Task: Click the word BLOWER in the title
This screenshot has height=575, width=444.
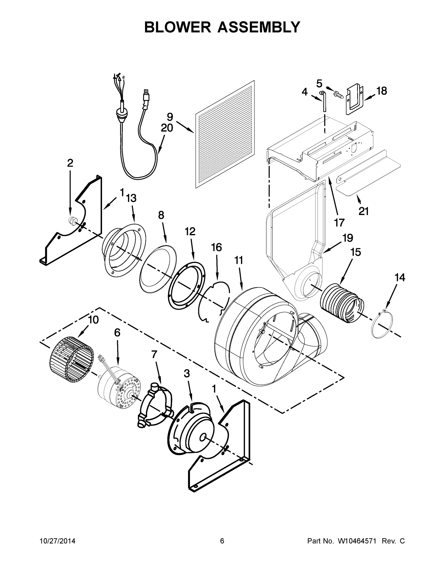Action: coord(178,27)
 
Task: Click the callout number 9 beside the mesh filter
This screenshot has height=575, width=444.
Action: coord(170,117)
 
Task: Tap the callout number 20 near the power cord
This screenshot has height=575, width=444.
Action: coord(167,128)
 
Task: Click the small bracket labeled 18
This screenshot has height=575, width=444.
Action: coord(354,99)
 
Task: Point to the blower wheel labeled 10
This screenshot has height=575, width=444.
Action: coord(71,360)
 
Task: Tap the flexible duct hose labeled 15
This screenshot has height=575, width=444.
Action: coord(342,303)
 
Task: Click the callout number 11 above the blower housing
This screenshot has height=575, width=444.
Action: coord(239,260)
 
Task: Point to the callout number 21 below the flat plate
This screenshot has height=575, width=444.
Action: coord(364,211)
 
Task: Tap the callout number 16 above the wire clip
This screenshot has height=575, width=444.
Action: coord(216,247)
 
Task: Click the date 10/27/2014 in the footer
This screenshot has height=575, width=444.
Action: coord(57,541)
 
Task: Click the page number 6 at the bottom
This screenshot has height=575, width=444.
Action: coord(222,541)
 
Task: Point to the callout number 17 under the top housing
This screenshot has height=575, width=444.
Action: coord(339,223)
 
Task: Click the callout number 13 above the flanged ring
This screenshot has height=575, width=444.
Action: coord(131,198)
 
